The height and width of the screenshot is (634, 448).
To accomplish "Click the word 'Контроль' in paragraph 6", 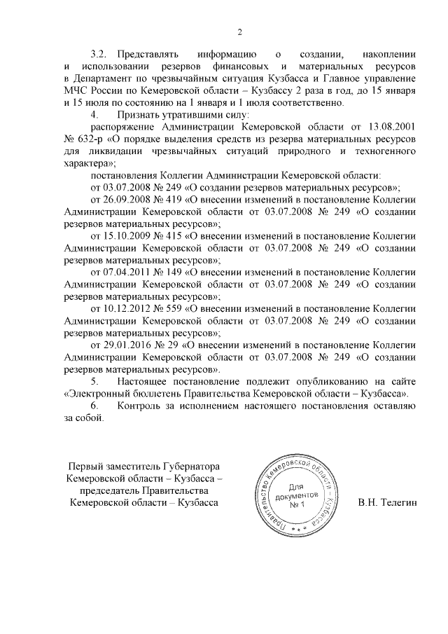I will tap(139, 406).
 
